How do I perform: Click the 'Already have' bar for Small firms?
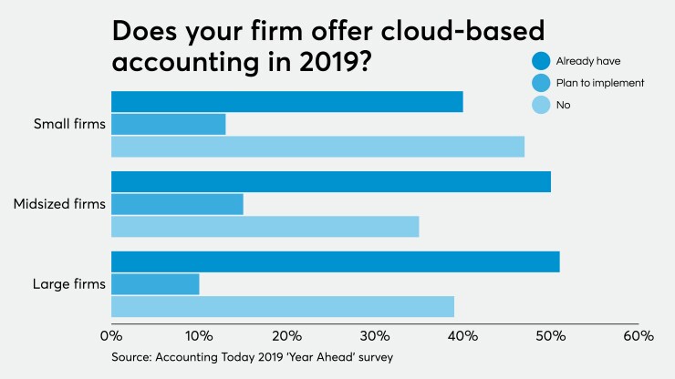click(286, 101)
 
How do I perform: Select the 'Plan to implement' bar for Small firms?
click(168, 124)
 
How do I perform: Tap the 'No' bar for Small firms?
click(317, 146)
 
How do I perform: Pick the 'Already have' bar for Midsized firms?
click(330, 181)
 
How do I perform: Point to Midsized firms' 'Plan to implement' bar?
click(177, 204)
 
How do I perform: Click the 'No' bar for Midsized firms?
click(265, 226)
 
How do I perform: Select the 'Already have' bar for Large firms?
click(335, 261)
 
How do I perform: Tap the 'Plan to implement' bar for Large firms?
click(155, 283)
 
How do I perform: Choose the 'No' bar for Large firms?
click(282, 306)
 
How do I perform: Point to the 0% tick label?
click(110, 335)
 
